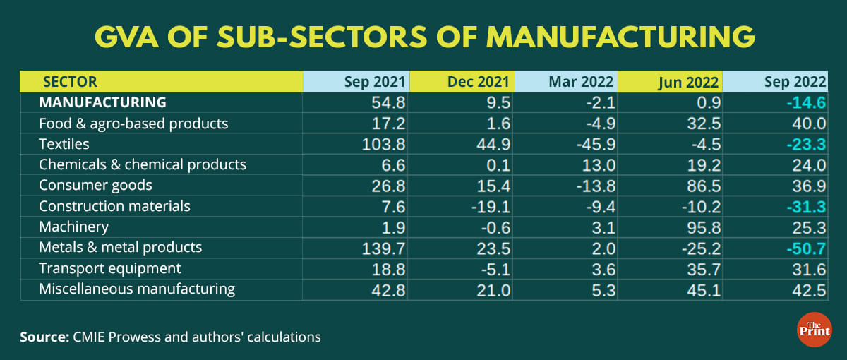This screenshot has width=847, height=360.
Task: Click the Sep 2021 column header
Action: [x=375, y=82]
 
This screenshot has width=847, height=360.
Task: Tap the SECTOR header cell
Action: [x=70, y=82]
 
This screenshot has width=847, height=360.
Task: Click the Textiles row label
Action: [x=64, y=144]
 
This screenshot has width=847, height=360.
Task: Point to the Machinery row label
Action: [x=73, y=227]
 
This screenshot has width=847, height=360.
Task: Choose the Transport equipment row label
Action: [x=109, y=268]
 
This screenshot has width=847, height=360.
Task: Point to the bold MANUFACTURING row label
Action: [x=102, y=102]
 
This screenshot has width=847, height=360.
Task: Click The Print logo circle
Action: [x=814, y=330]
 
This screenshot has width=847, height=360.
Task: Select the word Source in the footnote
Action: [x=44, y=337]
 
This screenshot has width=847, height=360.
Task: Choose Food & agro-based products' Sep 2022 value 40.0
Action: [x=810, y=124]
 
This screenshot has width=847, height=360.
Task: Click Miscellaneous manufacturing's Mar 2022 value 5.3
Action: [x=603, y=289]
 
